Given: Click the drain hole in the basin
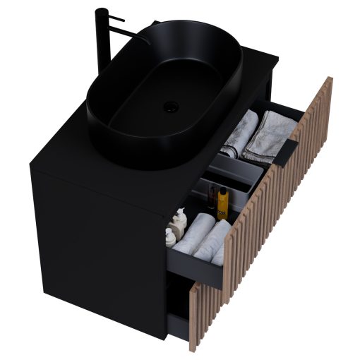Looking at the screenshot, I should (170, 107).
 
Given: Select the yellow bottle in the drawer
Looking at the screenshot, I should (223, 205).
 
